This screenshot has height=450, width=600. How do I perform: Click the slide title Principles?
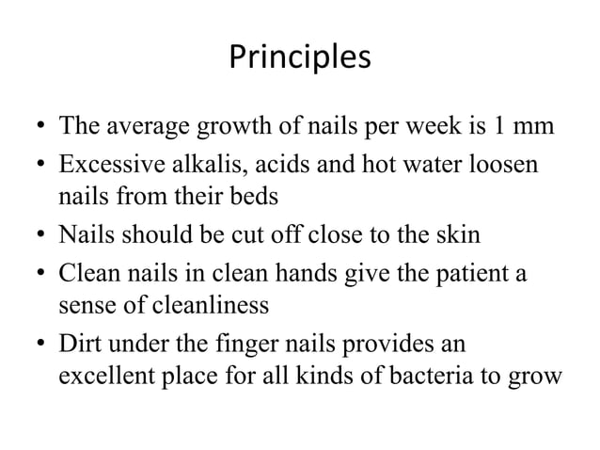(x=300, y=58)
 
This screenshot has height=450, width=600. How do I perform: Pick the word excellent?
(x=99, y=378)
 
